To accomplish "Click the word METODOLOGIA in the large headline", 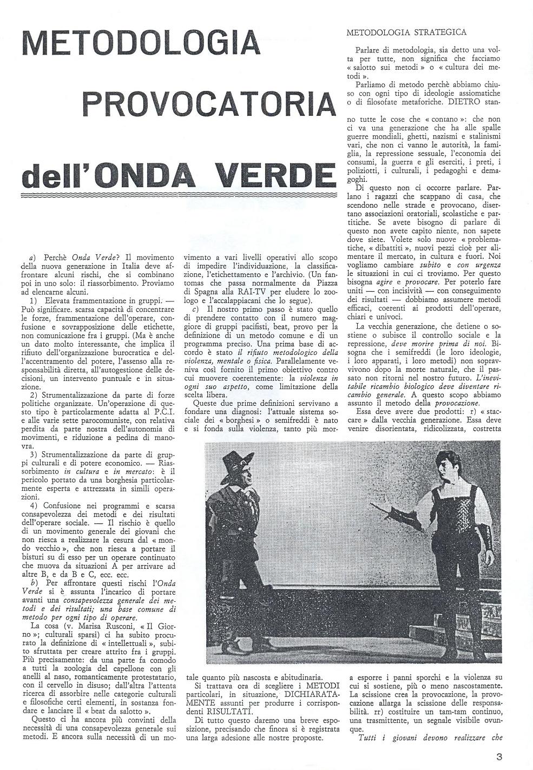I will pos(142,46).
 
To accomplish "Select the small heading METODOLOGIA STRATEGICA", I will pos(406,32).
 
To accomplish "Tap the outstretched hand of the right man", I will pos(374,503).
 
